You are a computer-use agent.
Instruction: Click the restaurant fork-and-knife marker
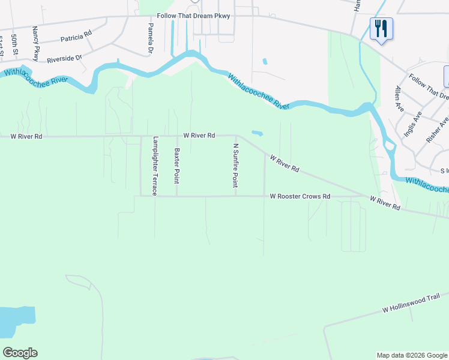pyautogui.click(x=381, y=29)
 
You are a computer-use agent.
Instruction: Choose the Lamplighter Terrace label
pyautogui.click(x=155, y=166)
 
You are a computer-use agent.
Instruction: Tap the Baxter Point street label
pyautogui.click(x=176, y=166)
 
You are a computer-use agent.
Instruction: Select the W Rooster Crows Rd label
pyautogui.click(x=300, y=196)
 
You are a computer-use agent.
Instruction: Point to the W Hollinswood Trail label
pyautogui.click(x=412, y=303)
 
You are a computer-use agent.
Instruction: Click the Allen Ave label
pyautogui.click(x=398, y=98)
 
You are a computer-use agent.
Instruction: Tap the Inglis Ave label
pyautogui.click(x=412, y=124)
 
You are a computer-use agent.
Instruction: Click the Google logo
pyautogui.click(x=20, y=353)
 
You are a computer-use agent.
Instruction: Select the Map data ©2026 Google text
pyautogui.click(x=411, y=355)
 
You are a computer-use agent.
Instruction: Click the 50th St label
pyautogui.click(x=15, y=44)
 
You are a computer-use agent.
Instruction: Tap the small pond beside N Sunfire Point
pyautogui.click(x=257, y=133)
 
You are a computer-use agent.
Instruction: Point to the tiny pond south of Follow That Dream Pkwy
pyautogui.click(x=265, y=61)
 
